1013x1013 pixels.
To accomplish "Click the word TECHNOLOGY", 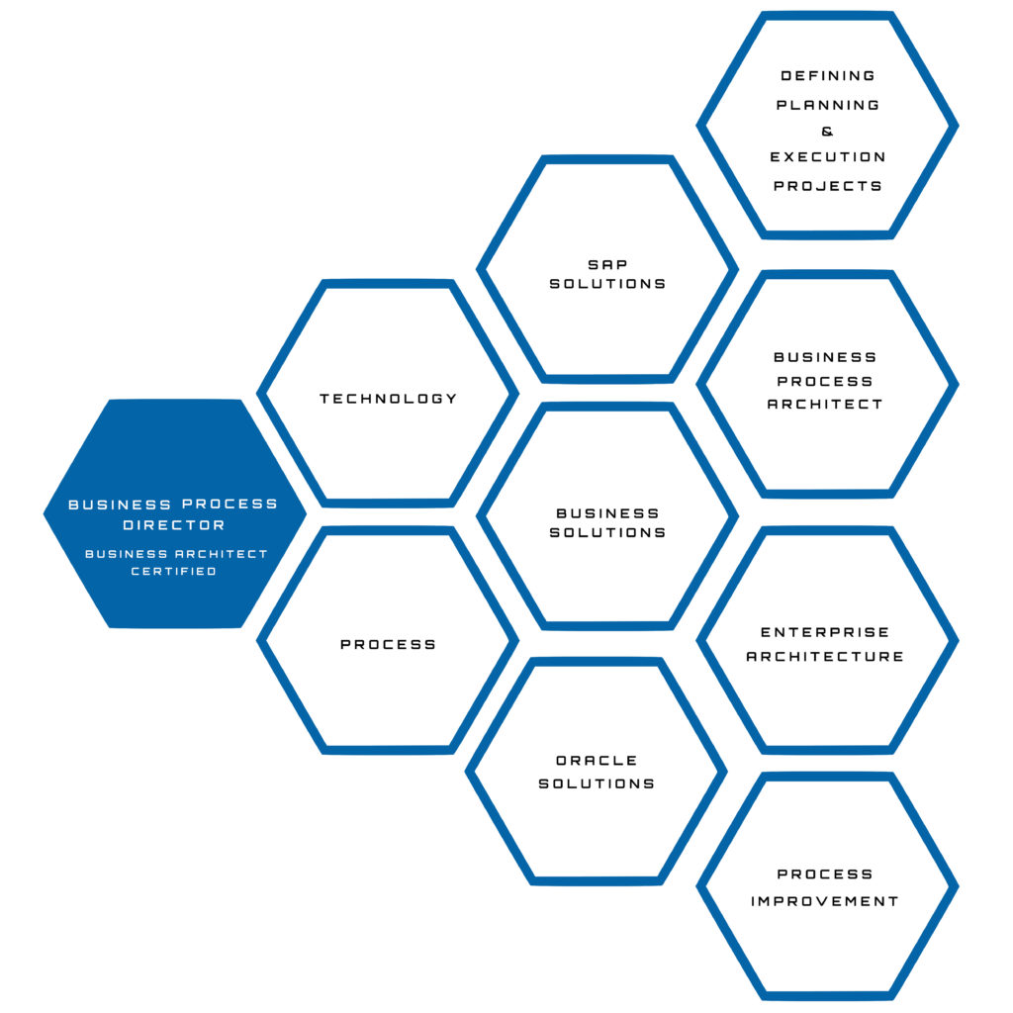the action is pos(388,399).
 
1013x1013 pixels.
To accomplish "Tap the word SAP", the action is pos(608,264).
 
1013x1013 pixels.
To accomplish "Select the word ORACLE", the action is pos(597,761).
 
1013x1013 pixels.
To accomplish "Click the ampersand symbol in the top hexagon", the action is pos(828,132).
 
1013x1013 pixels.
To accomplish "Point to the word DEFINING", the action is pos(828,75).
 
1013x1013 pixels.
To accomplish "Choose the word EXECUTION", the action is pos(828,157).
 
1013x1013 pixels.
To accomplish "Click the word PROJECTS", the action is pos(828,186).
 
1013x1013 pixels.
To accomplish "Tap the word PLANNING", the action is pos(828,105).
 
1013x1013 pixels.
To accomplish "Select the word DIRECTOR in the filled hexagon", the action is pos(174,525).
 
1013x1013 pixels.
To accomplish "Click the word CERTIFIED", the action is pos(174,571).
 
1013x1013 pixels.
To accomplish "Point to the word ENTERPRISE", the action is pos(825,632).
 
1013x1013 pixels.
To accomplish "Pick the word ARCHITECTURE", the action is pos(825,657).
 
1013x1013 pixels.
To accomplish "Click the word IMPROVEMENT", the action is pos(825,901).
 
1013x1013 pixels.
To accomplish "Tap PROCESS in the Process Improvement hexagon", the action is pos(825,875).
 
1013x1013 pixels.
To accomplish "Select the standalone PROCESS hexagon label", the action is pos(388,644).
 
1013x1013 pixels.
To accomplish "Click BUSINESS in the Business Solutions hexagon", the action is pos(608,513).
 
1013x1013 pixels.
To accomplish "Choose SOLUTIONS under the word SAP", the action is pos(608,284).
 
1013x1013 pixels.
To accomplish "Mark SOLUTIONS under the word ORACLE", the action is pos(597,783).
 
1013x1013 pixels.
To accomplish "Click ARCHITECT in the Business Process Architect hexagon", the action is pos(825,404).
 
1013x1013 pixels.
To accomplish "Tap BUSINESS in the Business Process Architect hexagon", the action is pos(825,357).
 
